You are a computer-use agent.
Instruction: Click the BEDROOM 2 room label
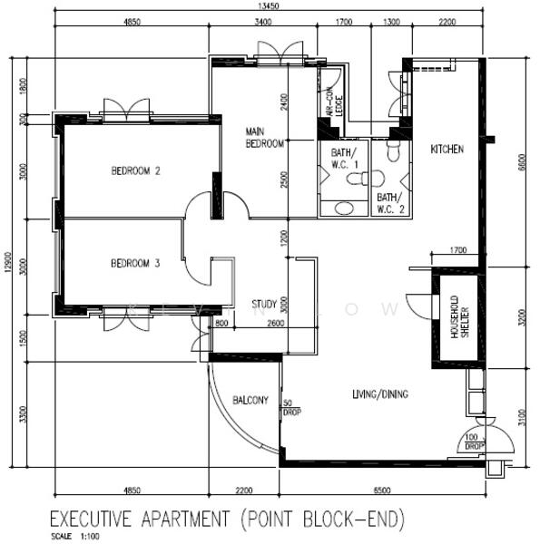pyautogui.click(x=135, y=170)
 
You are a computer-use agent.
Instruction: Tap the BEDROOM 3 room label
pyautogui.click(x=135, y=264)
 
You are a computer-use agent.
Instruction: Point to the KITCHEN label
pyautogui.click(x=447, y=149)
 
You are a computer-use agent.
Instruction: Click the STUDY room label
pyautogui.click(x=264, y=304)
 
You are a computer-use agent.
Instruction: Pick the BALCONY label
pyautogui.click(x=250, y=400)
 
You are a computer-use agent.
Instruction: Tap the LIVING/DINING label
pyautogui.click(x=379, y=394)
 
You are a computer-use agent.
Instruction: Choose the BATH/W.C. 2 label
pyautogui.click(x=388, y=202)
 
